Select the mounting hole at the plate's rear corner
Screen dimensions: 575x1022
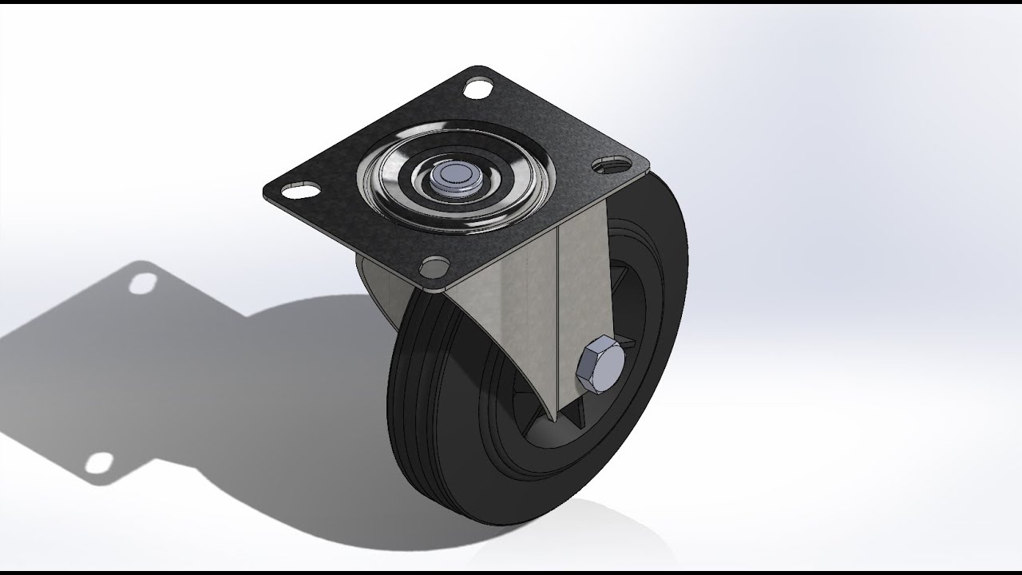pos(478,87)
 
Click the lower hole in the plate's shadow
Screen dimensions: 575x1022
pos(100,462)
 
